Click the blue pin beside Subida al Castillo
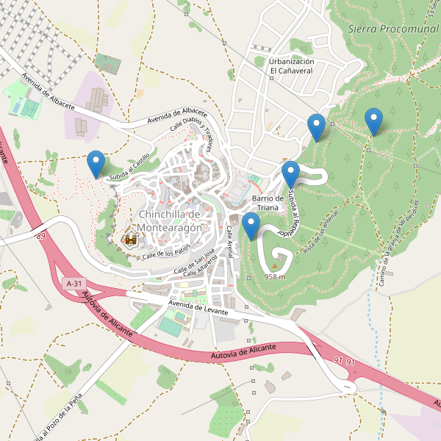pos(96,162)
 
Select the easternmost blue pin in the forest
pos(374,121)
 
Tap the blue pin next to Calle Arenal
pos(251,226)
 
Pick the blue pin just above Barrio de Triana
pos(291,174)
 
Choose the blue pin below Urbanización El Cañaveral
pos(317,127)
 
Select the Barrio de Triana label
pos(268,203)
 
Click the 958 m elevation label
pos(275,277)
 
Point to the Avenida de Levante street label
pos(198,307)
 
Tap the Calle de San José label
pos(194,262)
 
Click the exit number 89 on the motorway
pos(39,235)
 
